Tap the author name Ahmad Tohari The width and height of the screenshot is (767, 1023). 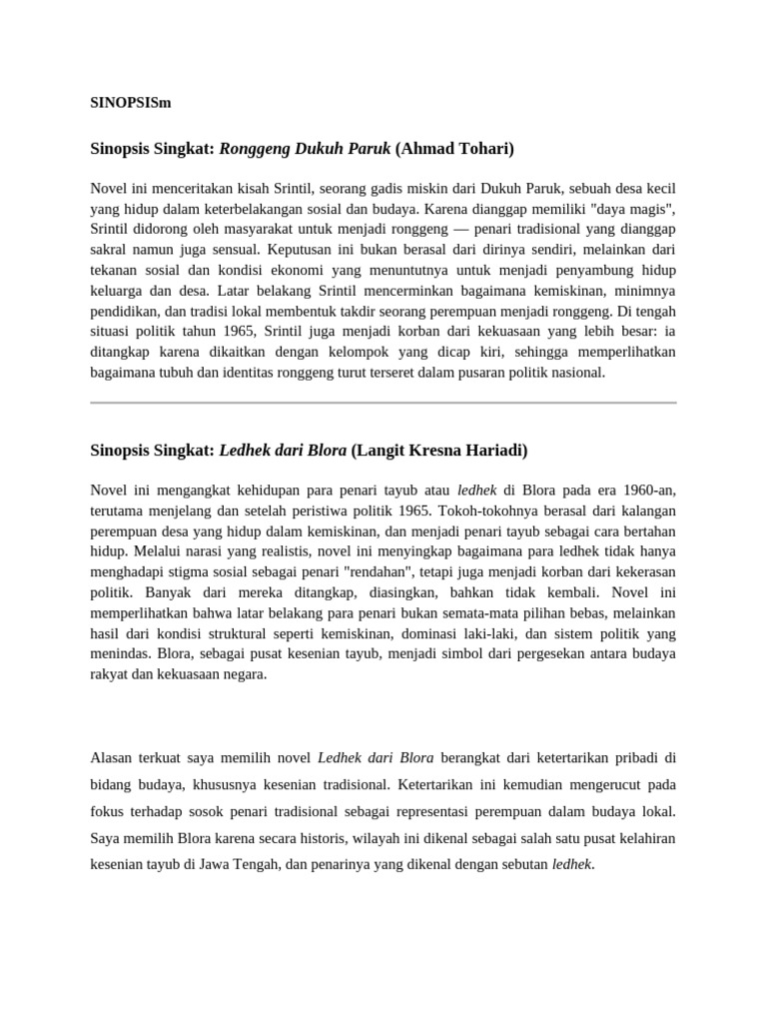[454, 149]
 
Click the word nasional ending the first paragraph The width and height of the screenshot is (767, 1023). [574, 372]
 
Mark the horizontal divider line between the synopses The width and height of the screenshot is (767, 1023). [383, 403]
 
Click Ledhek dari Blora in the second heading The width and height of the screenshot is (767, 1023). [283, 450]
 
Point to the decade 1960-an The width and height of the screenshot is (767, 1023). [643, 490]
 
